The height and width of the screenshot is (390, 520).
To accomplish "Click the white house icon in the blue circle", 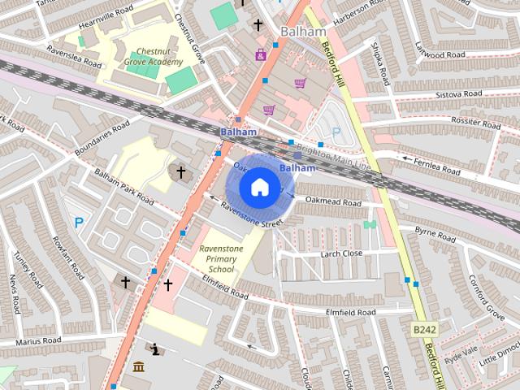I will point(258,188).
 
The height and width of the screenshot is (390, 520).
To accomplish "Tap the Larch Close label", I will point(341,253).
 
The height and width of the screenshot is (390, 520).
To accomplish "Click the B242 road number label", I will point(425,330).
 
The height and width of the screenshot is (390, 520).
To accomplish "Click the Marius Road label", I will point(37,340).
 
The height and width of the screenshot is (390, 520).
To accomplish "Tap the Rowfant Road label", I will point(64,254).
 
